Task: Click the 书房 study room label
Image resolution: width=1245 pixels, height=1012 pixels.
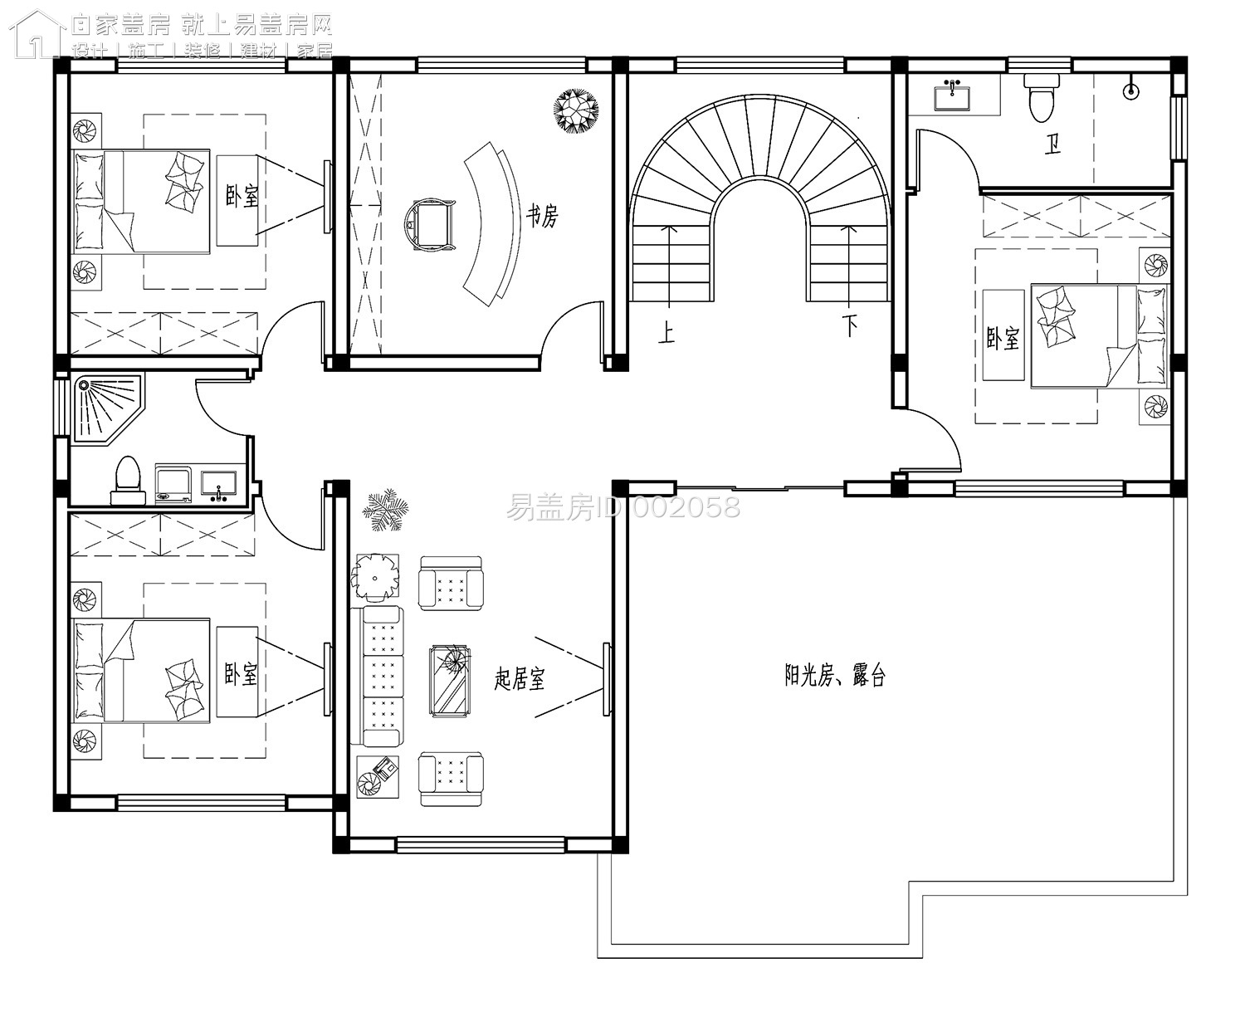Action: (x=542, y=216)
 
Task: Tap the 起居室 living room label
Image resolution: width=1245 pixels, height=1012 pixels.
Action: (x=519, y=679)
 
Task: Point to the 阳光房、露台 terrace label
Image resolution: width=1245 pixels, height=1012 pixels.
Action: (x=835, y=675)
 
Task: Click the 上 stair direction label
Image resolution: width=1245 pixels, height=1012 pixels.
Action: (x=666, y=331)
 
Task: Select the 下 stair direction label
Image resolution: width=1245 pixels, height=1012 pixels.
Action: (x=850, y=326)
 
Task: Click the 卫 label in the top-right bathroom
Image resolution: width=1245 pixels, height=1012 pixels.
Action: (x=1052, y=144)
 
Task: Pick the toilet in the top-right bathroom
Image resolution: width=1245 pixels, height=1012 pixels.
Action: (x=1041, y=98)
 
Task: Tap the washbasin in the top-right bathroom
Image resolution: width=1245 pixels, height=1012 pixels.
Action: (x=952, y=95)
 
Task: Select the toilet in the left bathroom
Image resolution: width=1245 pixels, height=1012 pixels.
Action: (x=128, y=480)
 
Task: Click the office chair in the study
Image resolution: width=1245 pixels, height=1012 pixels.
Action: (x=430, y=224)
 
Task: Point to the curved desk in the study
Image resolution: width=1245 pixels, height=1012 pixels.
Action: (x=491, y=224)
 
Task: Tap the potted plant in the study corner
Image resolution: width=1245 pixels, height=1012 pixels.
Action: (x=576, y=110)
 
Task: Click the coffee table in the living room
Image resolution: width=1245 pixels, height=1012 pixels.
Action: (x=450, y=681)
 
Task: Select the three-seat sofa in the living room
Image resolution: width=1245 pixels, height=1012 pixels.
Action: (x=377, y=677)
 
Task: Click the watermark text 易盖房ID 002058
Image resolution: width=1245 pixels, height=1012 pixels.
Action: (x=623, y=507)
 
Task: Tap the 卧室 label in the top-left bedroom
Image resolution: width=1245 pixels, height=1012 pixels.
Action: (x=242, y=196)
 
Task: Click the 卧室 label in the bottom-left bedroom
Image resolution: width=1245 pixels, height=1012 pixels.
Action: (x=241, y=673)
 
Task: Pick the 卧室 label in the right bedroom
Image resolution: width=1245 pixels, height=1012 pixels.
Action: (x=1003, y=338)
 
